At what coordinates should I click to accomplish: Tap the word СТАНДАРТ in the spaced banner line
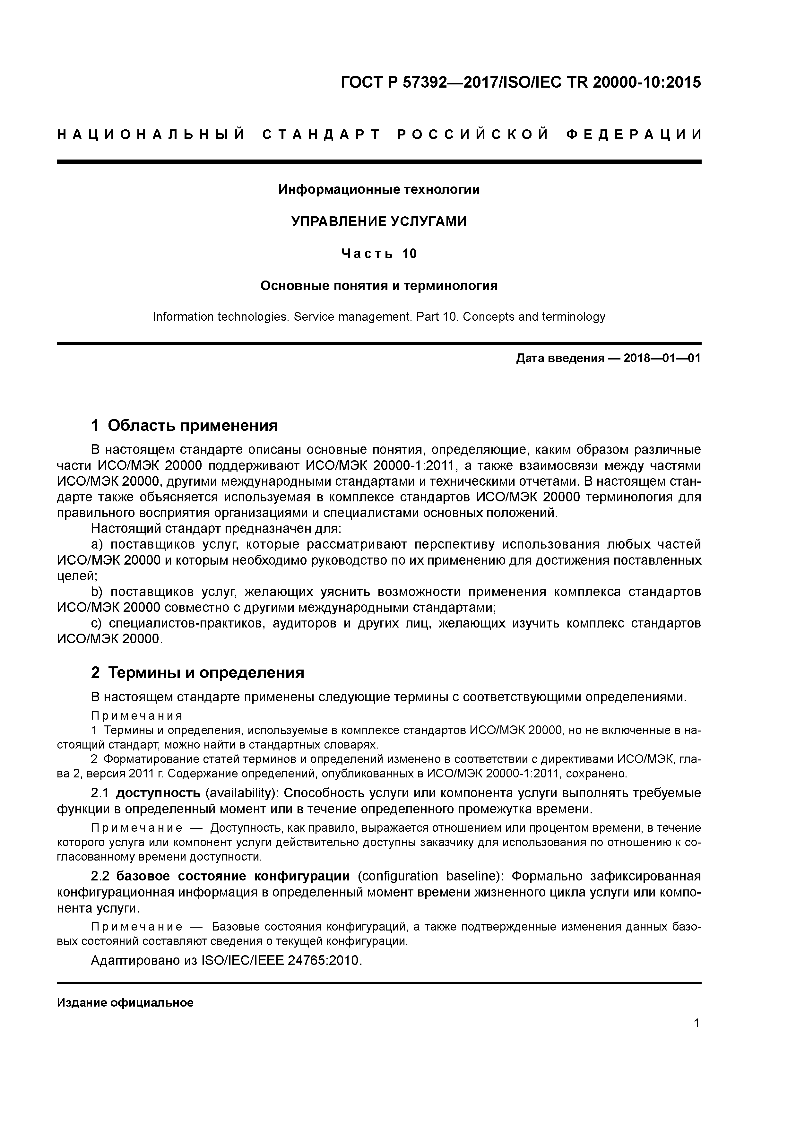[321, 134]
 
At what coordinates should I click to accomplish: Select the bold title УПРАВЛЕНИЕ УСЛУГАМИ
[379, 222]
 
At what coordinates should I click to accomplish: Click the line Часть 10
[379, 254]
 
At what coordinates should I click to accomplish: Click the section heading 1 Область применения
[185, 425]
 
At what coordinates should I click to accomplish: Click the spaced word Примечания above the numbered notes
[137, 716]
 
